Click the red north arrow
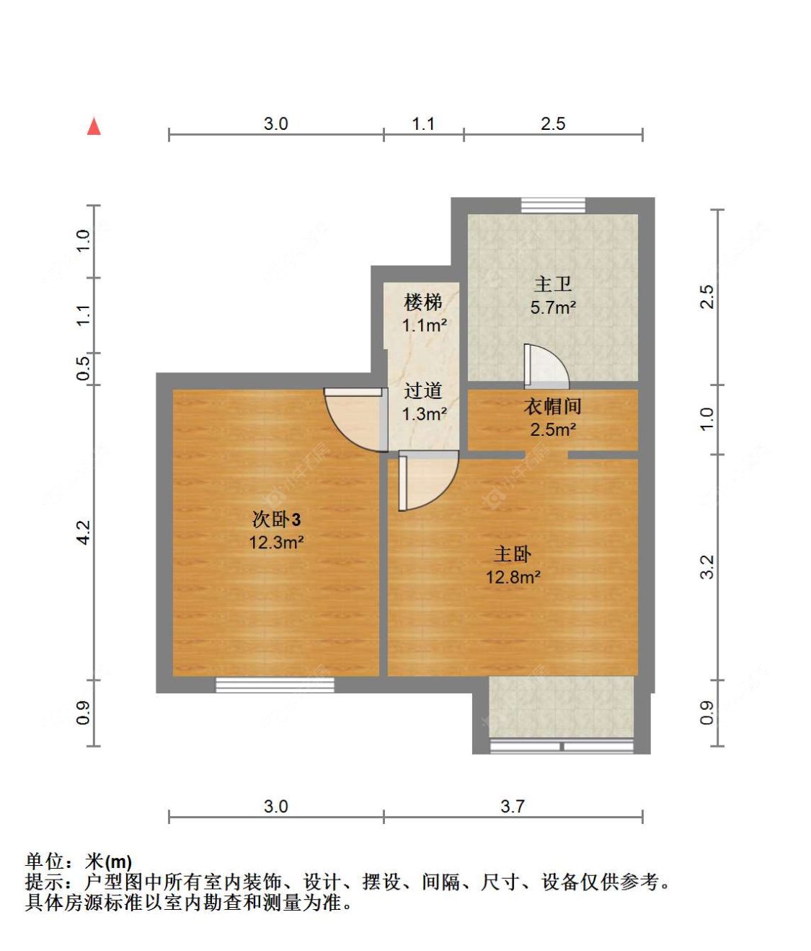94,126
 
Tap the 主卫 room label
553,284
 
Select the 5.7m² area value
553,307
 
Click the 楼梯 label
423,302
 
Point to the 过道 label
423,390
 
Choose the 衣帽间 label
553,406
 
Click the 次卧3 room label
276,520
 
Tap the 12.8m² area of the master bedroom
513,577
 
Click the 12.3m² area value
276,543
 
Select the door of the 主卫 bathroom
546,364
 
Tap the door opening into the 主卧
428,481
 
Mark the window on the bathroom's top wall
553,205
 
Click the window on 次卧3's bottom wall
275,685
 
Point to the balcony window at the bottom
562,746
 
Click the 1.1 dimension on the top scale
423,124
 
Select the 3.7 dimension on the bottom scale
513,806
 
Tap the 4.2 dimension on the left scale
83,533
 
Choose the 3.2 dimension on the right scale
707,567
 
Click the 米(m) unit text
109,862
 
